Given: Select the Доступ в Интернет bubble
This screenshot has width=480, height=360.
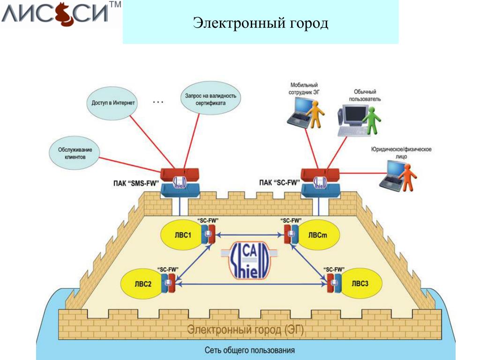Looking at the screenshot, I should click(x=111, y=102).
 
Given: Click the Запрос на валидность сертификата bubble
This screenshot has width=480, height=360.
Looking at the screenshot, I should click(x=210, y=99).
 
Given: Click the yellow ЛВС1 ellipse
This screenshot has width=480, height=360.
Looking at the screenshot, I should click(x=180, y=235).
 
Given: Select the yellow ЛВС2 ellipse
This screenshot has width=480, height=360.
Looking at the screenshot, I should click(x=142, y=283).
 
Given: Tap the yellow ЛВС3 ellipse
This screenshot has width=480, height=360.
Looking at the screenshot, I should click(x=360, y=283).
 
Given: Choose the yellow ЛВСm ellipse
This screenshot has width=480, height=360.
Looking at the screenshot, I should click(x=317, y=235).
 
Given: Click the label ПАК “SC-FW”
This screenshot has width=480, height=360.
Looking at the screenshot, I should click(x=279, y=183).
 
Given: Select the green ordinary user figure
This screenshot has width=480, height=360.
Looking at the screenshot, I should click(x=374, y=121).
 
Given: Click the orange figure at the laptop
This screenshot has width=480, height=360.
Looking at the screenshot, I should click(x=409, y=177).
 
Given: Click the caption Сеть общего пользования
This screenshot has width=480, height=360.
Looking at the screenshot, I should click(x=250, y=350).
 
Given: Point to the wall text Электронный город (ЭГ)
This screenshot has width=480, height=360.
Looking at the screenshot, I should click(x=246, y=330).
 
